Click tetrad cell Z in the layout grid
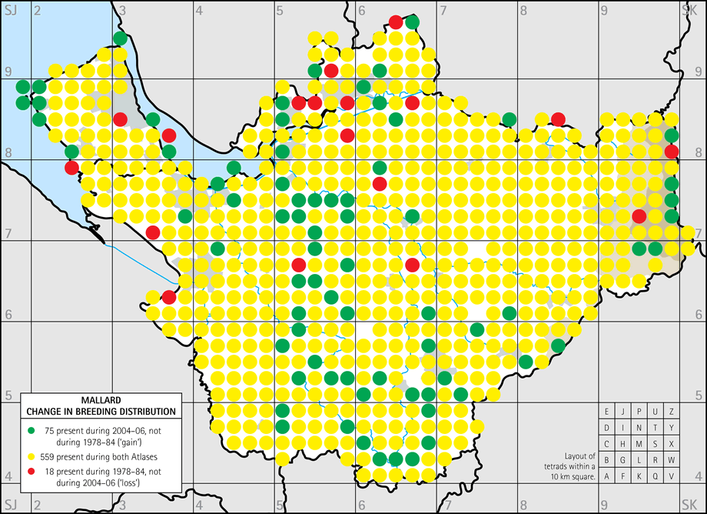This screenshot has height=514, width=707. pos(672,411)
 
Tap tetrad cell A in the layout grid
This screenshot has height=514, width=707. pos(607,476)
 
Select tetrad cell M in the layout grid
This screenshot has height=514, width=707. pos(639,443)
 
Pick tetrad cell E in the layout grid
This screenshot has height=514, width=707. pos(607,411)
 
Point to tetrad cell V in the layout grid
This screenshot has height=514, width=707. pos(672,476)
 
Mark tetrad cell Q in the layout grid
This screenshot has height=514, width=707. pos(656,476)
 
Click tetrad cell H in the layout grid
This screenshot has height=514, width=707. pos(623,443)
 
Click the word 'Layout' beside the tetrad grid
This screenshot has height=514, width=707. pos(574,455)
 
